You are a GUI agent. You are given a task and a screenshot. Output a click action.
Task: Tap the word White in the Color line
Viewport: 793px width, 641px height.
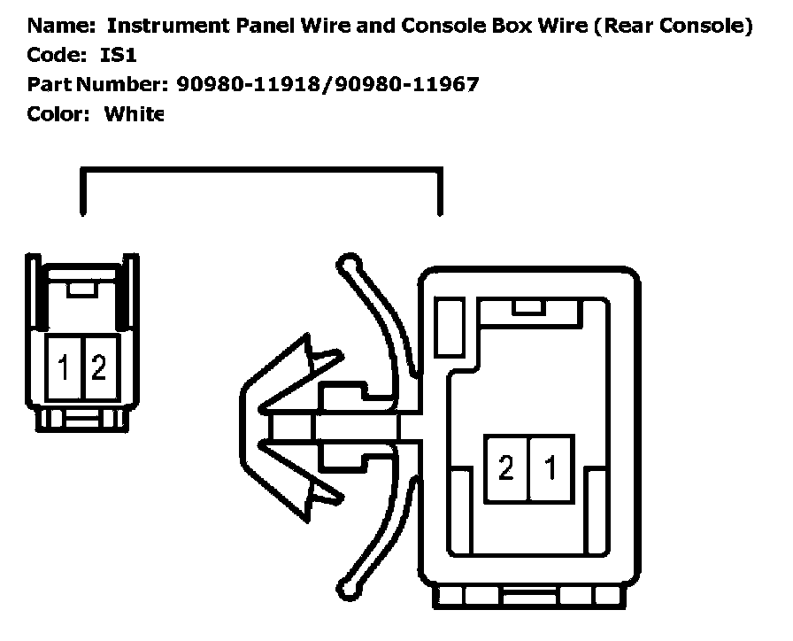pyautogui.click(x=134, y=114)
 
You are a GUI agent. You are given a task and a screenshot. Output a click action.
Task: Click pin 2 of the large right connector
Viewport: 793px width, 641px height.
pyautogui.click(x=505, y=467)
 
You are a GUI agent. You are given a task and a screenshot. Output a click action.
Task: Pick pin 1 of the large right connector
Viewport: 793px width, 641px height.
pyautogui.click(x=550, y=467)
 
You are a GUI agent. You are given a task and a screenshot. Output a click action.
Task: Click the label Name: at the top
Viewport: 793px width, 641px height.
pyautogui.click(x=58, y=26)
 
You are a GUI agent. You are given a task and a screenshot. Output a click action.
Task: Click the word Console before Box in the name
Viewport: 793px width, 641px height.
pyautogui.click(x=439, y=26)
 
